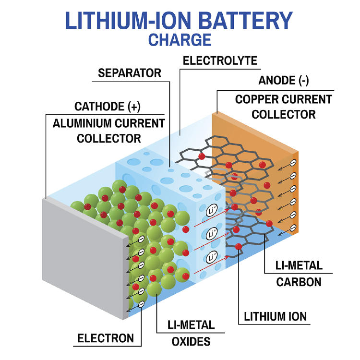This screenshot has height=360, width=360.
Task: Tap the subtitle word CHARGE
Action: coord(180,39)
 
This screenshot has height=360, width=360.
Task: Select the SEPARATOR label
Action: coord(129,73)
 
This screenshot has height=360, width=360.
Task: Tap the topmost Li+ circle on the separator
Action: coord(212,211)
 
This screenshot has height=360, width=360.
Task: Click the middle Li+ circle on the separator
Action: coord(212,234)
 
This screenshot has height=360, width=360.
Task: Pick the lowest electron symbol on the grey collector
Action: coord(142,304)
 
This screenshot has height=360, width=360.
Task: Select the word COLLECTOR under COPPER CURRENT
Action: coord(284,115)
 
